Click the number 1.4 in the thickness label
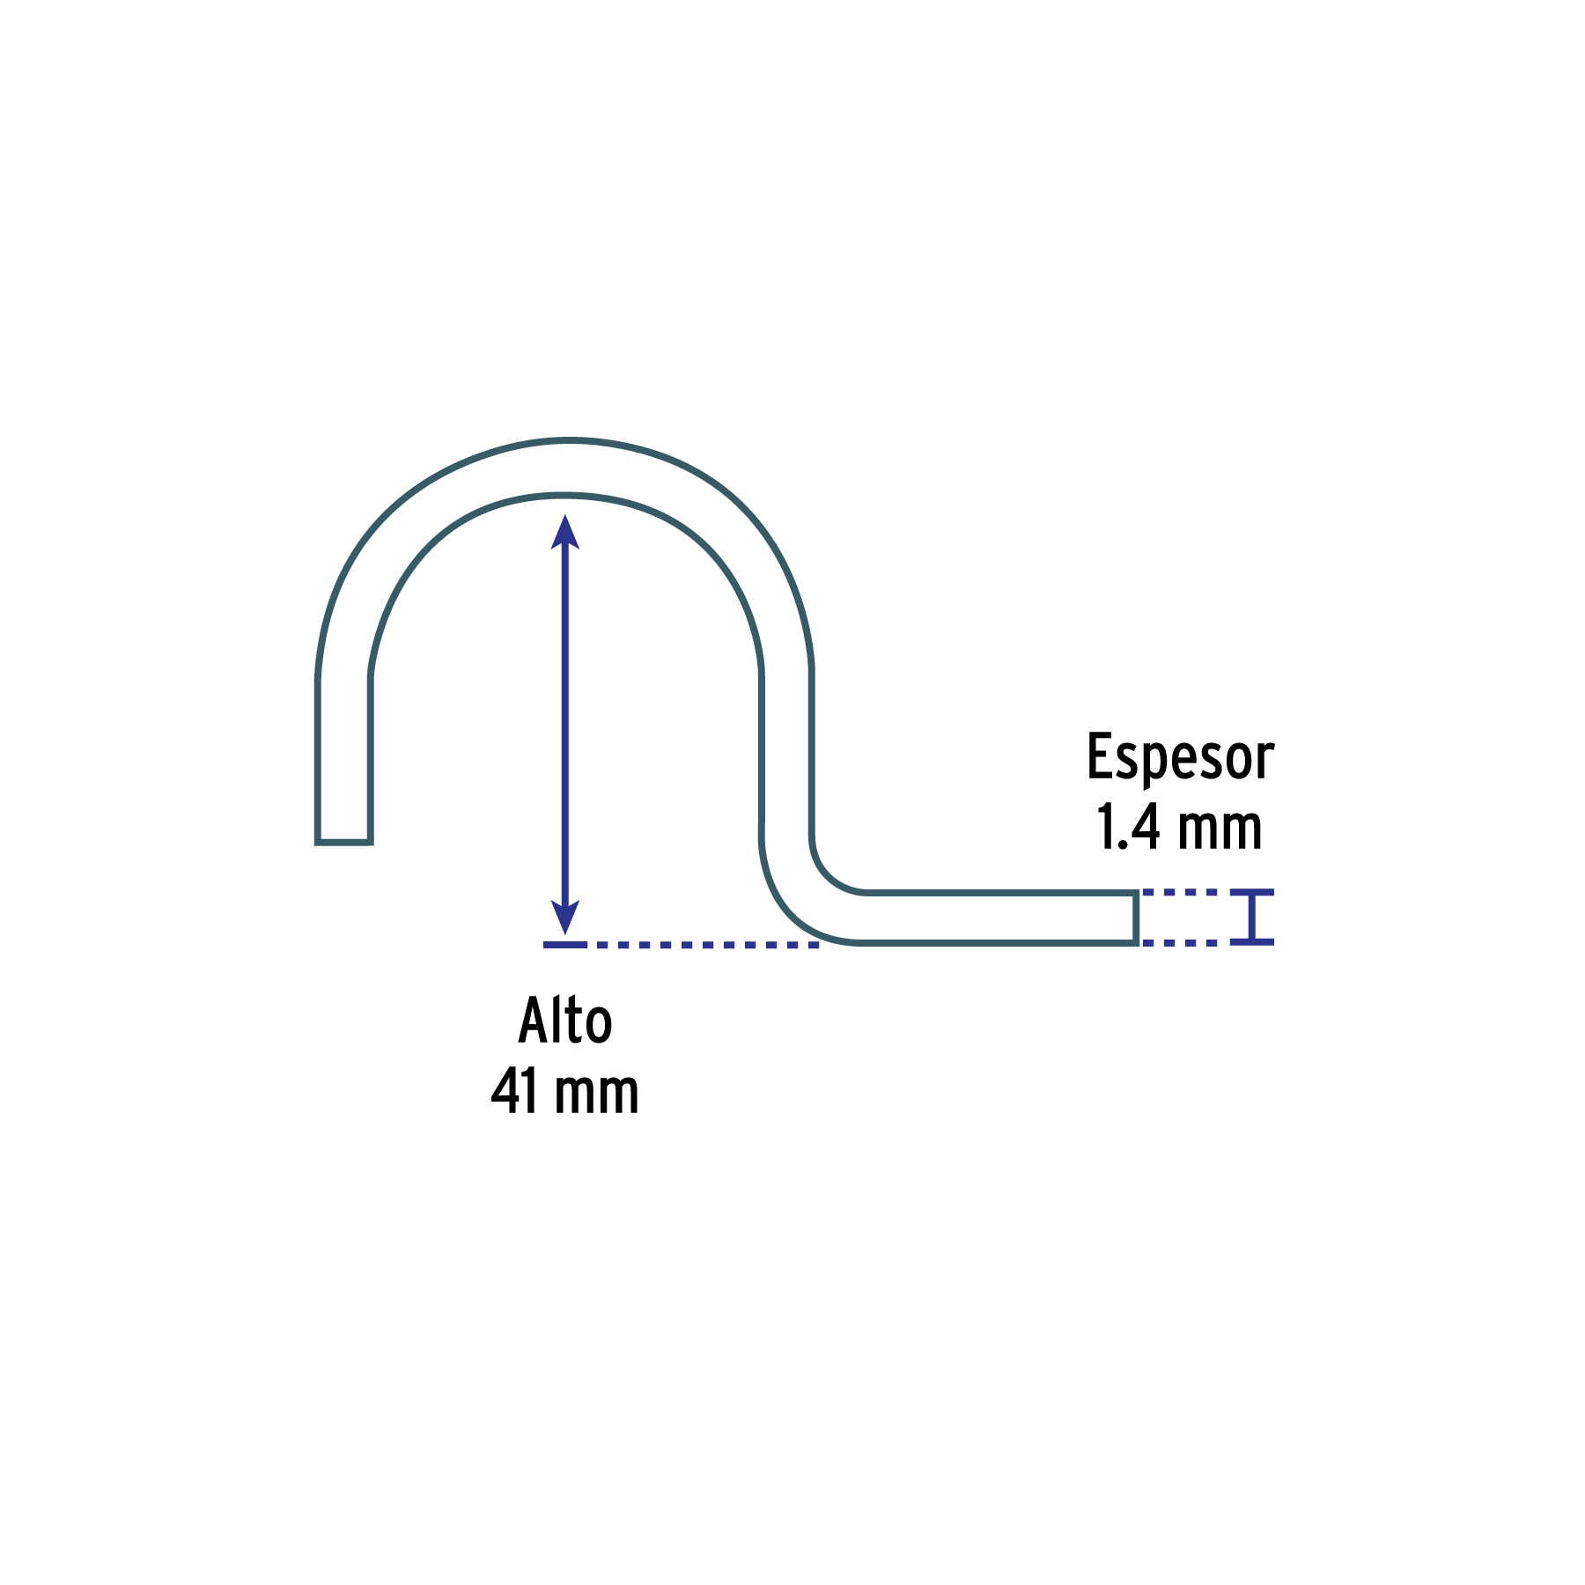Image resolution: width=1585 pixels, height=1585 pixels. (1128, 827)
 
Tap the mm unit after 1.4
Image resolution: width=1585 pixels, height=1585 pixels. (1220, 829)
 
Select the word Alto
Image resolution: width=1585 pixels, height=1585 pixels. (564, 1021)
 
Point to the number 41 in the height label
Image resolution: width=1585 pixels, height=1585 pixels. (514, 1091)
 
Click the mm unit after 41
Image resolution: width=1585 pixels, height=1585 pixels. (596, 1093)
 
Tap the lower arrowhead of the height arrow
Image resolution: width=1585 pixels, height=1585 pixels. (564, 918)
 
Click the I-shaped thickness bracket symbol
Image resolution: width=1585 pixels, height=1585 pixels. (1251, 918)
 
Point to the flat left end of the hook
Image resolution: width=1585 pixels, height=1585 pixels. (344, 842)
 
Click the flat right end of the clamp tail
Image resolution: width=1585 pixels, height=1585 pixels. (1136, 918)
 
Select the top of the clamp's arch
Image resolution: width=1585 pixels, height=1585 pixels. (568, 466)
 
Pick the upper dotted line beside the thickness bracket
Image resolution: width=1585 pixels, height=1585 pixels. (1180, 893)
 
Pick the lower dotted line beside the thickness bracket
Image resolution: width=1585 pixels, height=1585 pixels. (1180, 943)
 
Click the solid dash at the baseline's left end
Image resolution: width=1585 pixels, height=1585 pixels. (565, 945)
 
